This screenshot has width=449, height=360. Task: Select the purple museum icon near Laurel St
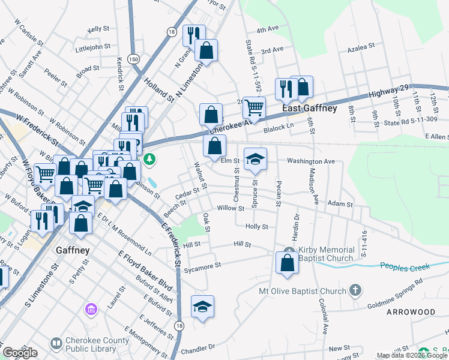(x=91, y=309)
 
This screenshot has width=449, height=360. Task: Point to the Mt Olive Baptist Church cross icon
(x=355, y=291)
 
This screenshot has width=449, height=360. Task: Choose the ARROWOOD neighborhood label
(x=411, y=313)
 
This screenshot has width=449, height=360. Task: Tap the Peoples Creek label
(x=408, y=265)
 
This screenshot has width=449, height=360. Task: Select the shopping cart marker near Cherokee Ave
(x=255, y=108)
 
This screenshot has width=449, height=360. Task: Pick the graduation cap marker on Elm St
(x=256, y=159)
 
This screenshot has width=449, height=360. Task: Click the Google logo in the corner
(x=20, y=353)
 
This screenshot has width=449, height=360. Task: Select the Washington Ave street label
(x=310, y=161)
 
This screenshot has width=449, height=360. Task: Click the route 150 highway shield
(x=133, y=58)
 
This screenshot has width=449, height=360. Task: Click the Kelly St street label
(x=98, y=29)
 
